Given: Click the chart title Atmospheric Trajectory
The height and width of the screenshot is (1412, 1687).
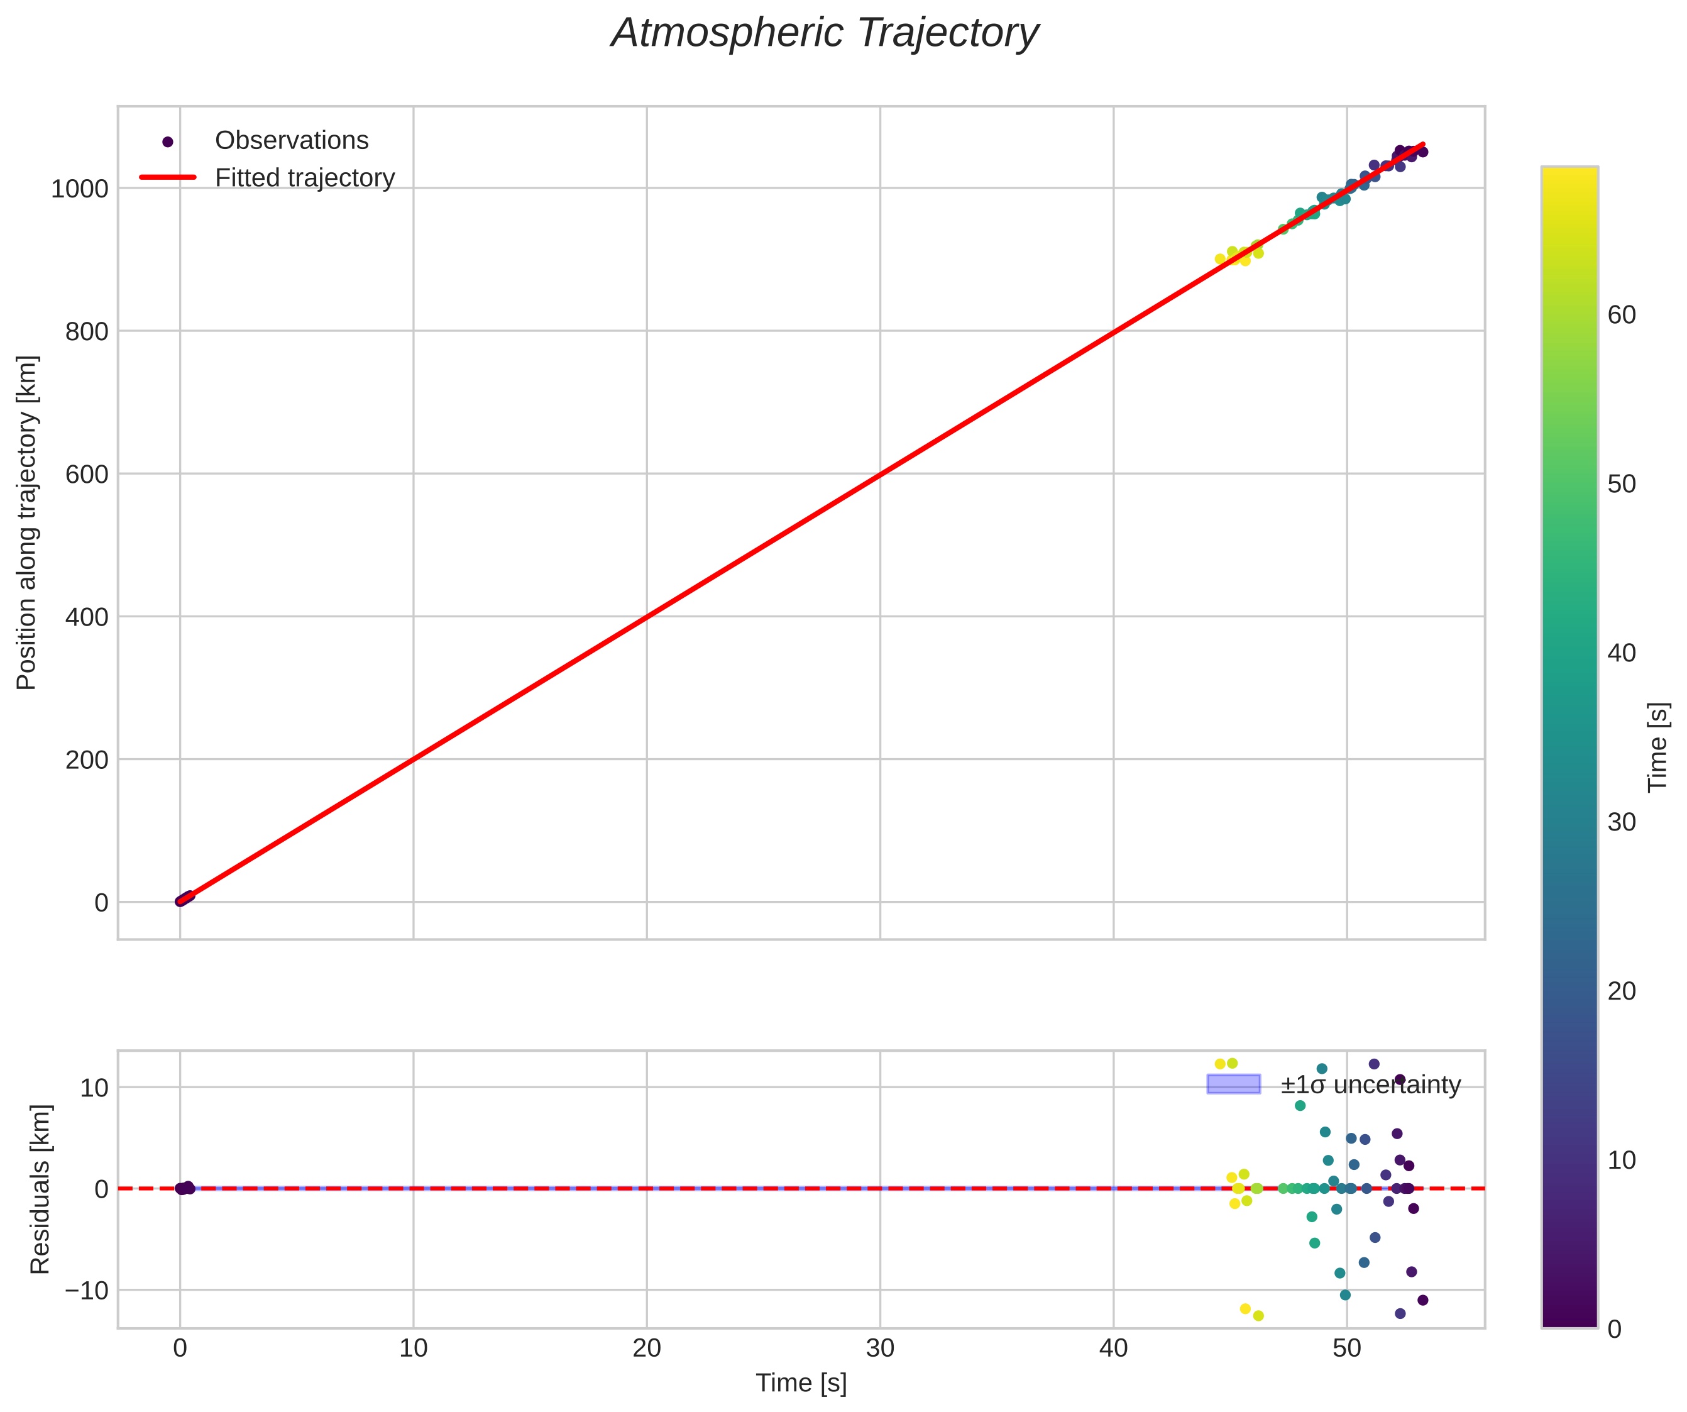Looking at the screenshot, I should click(x=825, y=34).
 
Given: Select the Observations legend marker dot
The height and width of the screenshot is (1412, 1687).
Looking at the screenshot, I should click(x=168, y=141).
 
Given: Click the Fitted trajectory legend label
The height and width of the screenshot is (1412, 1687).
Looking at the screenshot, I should click(x=304, y=178).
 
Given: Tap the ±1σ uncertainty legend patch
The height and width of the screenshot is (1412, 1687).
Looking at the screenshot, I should click(x=1233, y=1084).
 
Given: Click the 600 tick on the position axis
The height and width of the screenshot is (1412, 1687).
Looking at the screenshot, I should click(x=86, y=474).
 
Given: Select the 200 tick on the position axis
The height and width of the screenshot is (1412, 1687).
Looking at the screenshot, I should click(x=86, y=759).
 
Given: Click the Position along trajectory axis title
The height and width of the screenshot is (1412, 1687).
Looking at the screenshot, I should click(x=26, y=522).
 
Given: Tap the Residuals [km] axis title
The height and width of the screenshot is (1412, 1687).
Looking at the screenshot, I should click(x=40, y=1189).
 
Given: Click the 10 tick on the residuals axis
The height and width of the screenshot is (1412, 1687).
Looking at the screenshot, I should click(x=93, y=1088).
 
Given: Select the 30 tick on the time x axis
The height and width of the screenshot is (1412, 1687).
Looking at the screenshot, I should click(x=880, y=1348).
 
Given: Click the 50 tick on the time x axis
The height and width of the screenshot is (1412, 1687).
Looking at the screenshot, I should click(x=1346, y=1348).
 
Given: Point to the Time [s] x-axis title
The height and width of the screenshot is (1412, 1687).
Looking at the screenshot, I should click(x=801, y=1383).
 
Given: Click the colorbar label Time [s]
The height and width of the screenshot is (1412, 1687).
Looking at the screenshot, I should click(x=1657, y=747).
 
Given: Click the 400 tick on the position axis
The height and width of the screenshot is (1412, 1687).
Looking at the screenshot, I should click(x=86, y=617).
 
